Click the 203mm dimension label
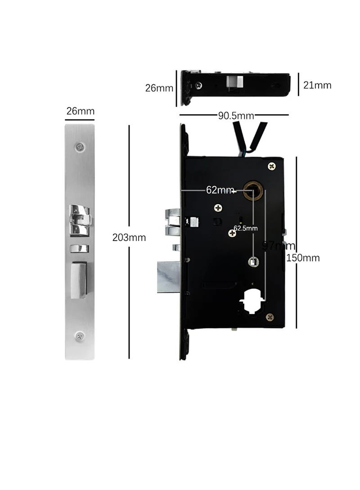pos(129,238)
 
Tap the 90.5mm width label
pos(236,116)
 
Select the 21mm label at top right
pos(317,85)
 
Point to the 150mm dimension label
pos(305,258)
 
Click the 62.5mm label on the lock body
pos(246,228)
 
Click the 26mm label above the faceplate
pos(80,111)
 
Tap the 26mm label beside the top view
pos(159,88)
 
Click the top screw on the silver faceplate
pos(81,146)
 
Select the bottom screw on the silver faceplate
pos(80,335)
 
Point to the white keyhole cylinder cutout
pos(252,301)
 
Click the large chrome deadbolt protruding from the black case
pos(168,276)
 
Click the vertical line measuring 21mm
pos(298,85)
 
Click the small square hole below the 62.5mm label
pos(254,261)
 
